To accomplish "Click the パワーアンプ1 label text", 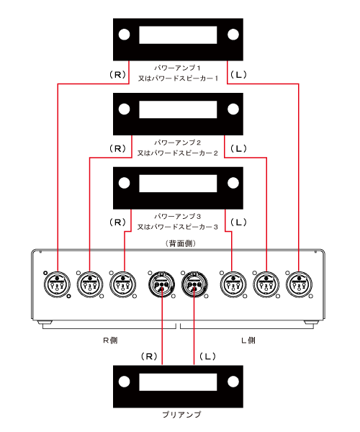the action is tap(177, 68).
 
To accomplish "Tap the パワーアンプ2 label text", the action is tap(177, 143).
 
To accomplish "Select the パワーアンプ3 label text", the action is tap(177, 216).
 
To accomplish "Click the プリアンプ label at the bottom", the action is tap(181, 415).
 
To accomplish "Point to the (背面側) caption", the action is tap(181, 243).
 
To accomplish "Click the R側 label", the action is tap(110, 341).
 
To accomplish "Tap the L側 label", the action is tap(248, 341).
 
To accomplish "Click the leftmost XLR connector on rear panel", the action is tap(57, 284).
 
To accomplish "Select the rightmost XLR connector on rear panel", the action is tap(299, 284).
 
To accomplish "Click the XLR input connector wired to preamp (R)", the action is tap(162, 284).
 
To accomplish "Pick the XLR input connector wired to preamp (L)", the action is tap(194, 284).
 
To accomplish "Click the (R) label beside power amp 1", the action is tap(117, 74).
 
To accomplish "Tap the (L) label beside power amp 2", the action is tap(238, 149).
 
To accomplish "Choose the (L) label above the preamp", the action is tap(207, 356).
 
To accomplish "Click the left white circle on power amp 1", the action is tap(125, 35).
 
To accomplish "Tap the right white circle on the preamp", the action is tap(233, 382).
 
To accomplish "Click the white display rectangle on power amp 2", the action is tap(178, 109).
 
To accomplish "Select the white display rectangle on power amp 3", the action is tap(178, 184).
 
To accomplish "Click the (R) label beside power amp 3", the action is tap(117, 222).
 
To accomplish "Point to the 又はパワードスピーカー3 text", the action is tap(178, 227).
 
